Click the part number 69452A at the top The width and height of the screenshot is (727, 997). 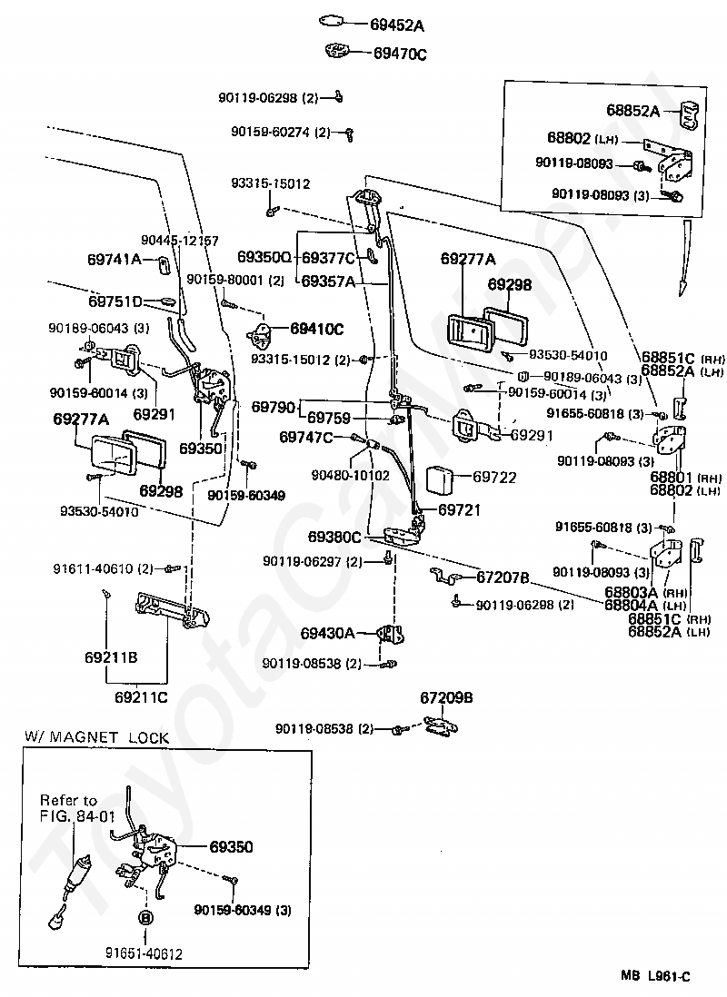pos(397,25)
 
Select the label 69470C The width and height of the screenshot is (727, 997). pos(400,54)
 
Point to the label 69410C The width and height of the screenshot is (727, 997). pos(317,329)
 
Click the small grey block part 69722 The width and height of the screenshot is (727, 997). pos(439,479)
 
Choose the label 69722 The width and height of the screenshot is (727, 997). pos(494,477)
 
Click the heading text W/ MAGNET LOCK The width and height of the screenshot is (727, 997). pos(96,737)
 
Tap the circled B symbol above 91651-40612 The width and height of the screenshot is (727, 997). pos(145,918)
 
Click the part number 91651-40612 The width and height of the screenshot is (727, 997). pos(144,954)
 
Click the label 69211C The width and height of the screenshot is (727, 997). pos(141,697)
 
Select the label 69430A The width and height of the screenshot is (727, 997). pos(327,633)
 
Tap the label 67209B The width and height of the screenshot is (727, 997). pos(446,697)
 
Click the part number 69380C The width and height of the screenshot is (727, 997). pos(334,538)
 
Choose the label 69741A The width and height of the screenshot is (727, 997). pos(114,260)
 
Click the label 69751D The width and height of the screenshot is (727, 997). pos(115,301)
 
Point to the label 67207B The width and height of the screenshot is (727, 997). pos(503,577)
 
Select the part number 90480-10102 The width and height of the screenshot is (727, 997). pos(350,476)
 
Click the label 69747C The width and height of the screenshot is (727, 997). pos(306,438)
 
